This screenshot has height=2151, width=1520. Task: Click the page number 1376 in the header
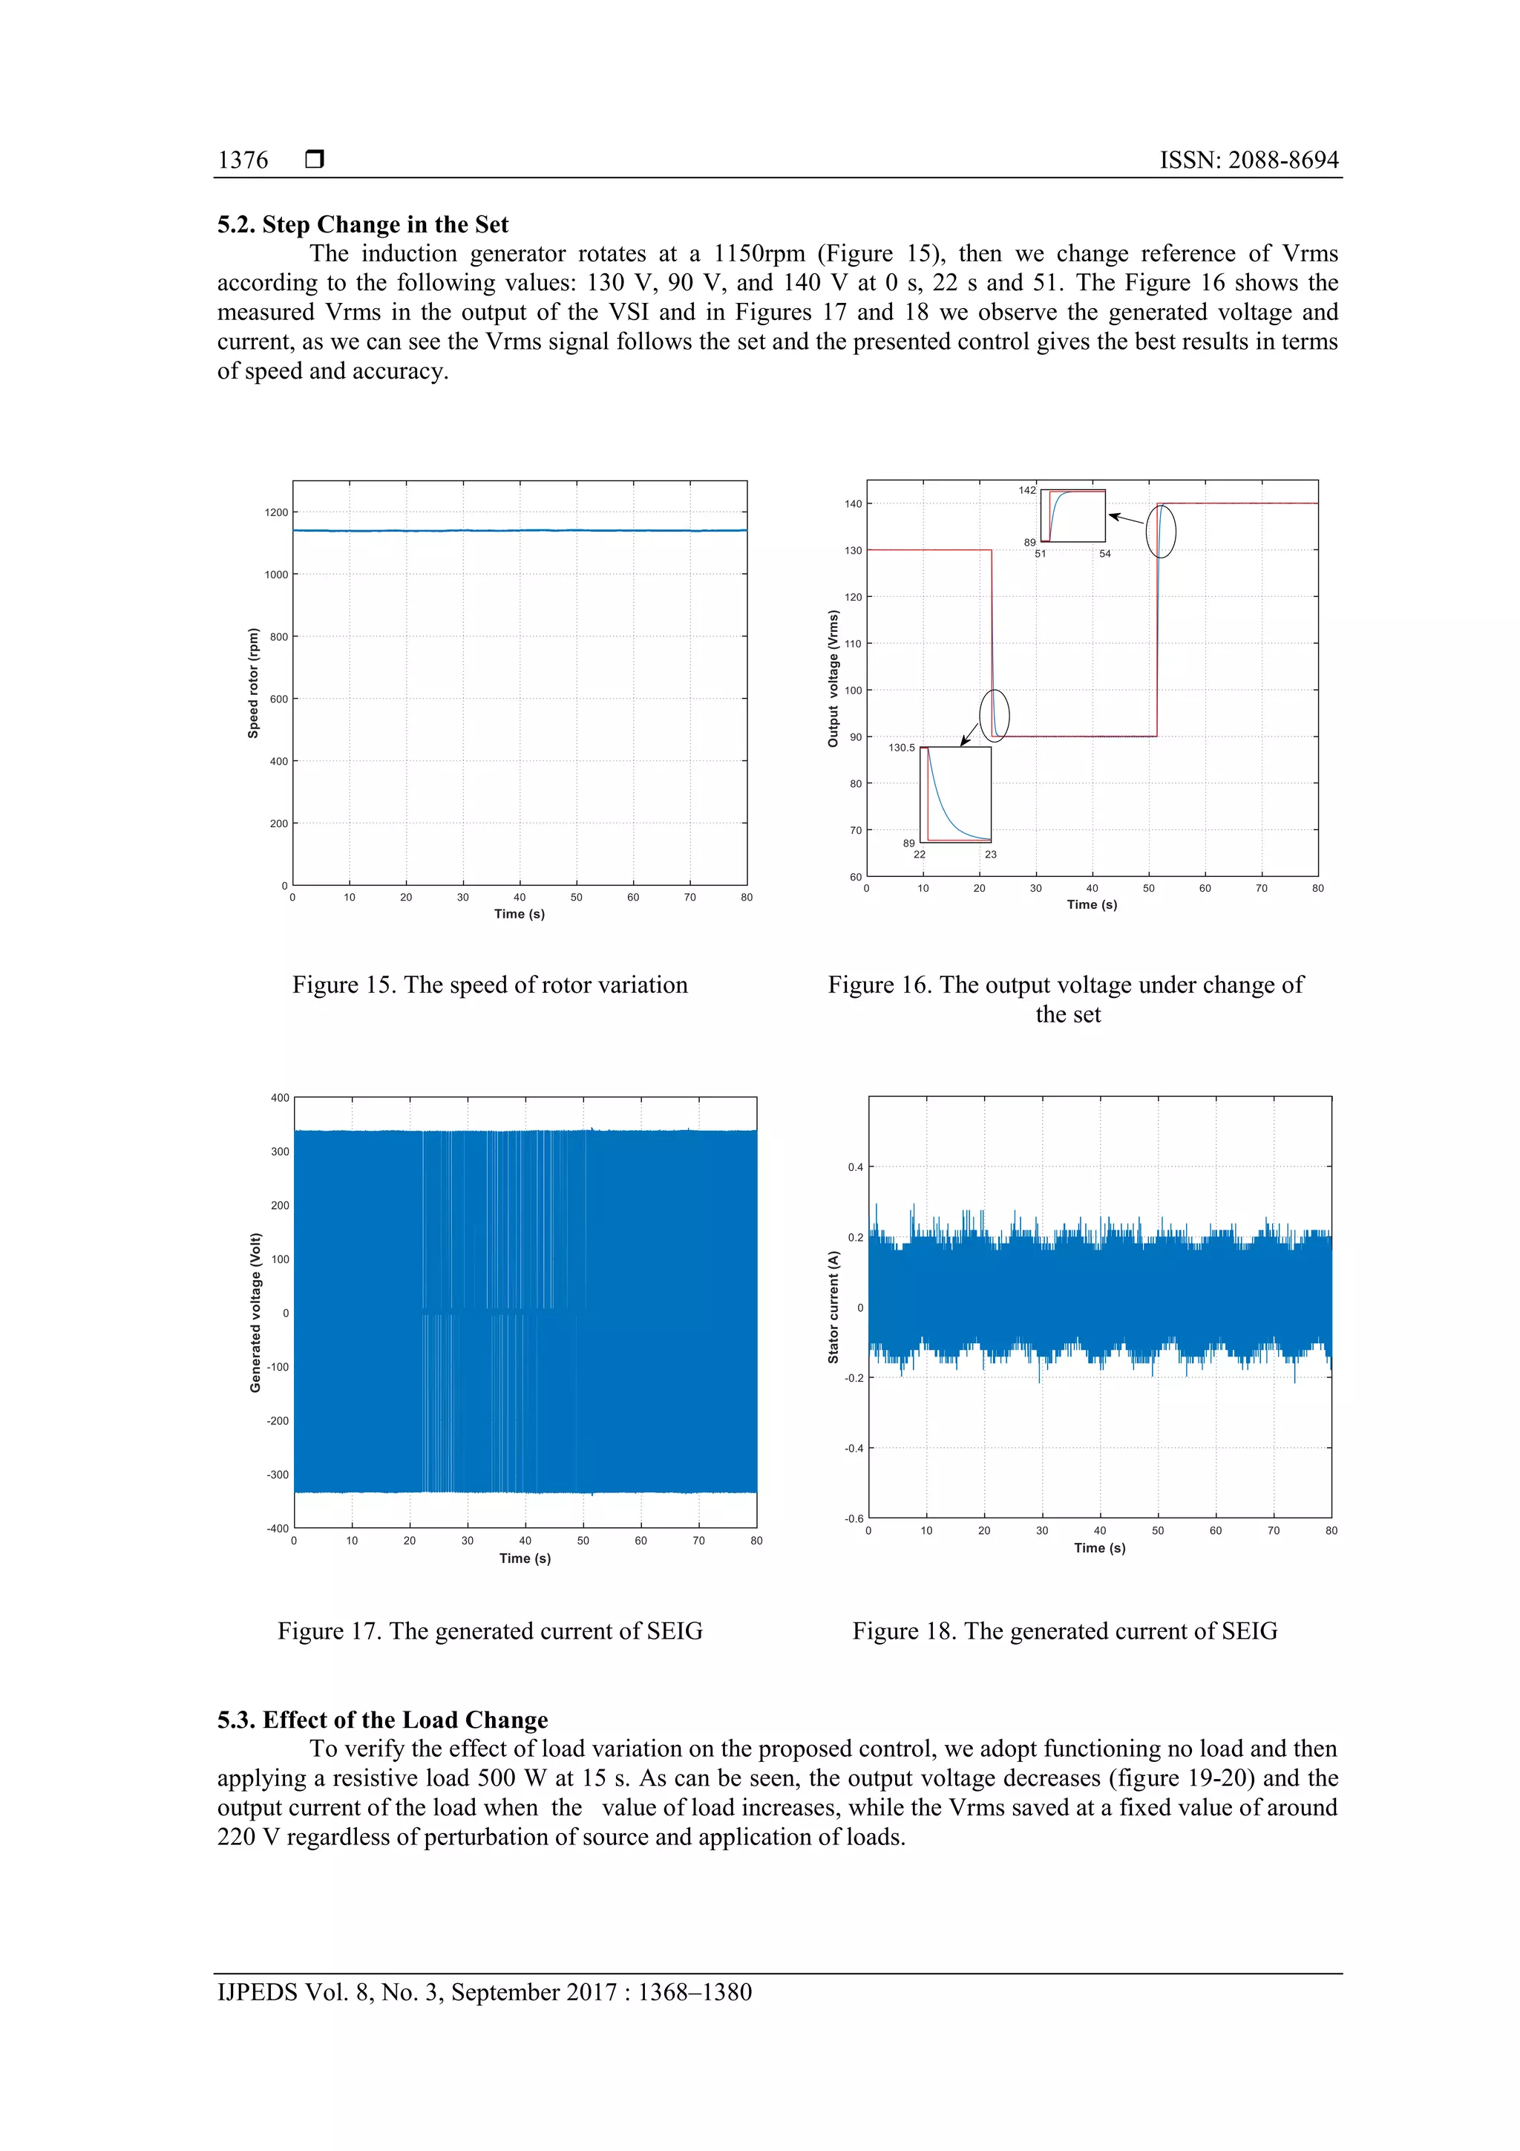point(243,160)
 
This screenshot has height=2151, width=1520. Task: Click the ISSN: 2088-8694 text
point(1248,160)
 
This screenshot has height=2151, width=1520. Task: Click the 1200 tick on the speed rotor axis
point(276,512)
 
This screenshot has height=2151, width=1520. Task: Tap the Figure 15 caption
point(490,985)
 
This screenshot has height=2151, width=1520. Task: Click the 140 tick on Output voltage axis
point(852,504)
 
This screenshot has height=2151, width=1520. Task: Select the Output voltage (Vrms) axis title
point(833,679)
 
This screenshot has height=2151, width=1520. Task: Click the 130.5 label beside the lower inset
point(901,748)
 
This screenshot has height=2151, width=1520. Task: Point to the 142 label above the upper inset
point(1026,490)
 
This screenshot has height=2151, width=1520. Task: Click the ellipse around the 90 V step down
point(995,716)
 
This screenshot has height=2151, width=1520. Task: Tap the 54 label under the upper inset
point(1105,554)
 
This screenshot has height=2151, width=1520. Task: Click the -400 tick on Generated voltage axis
point(278,1528)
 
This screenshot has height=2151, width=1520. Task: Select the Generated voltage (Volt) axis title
point(255,1313)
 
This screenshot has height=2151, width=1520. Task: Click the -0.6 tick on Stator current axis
point(854,1518)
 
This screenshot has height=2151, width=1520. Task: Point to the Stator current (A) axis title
point(833,1307)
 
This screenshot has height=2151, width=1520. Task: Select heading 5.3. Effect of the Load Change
point(382,1720)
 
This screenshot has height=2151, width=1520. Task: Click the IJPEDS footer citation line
point(484,1992)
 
